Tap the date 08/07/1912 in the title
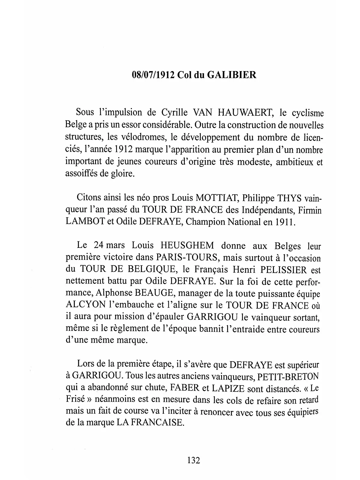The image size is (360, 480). tap(153, 75)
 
